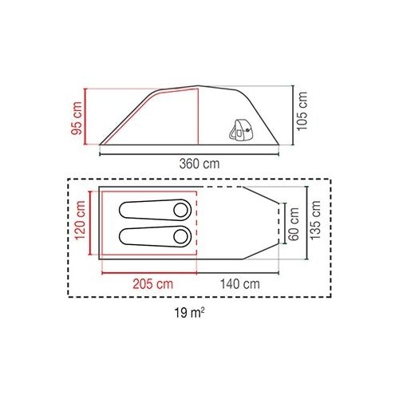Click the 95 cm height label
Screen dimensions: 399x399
click(77, 118)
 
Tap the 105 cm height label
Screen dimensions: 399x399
click(302, 111)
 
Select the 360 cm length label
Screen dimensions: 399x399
click(199, 164)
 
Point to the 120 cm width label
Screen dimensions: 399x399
click(80, 220)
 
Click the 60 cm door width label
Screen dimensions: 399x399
click(294, 224)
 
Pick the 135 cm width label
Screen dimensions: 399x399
click(315, 220)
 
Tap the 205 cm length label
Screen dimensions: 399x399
click(153, 284)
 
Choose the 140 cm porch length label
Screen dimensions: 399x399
click(240, 284)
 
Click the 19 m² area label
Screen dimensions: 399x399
click(189, 313)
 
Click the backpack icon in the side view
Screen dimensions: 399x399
click(240, 130)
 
